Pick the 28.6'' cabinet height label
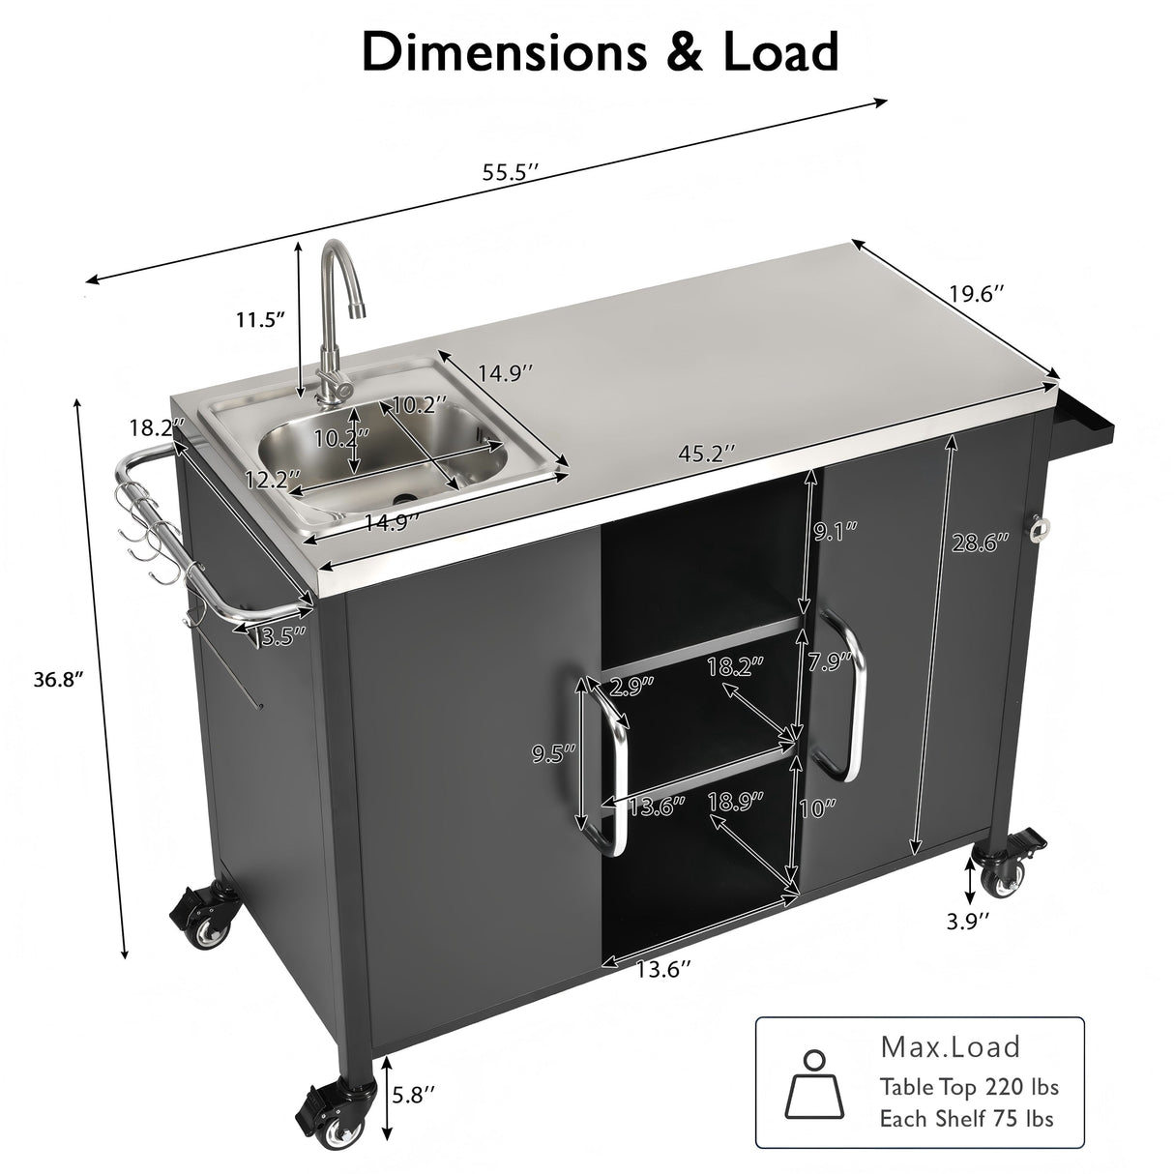[x=979, y=543]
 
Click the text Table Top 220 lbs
[x=968, y=1087]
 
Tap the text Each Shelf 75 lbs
[x=966, y=1119]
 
